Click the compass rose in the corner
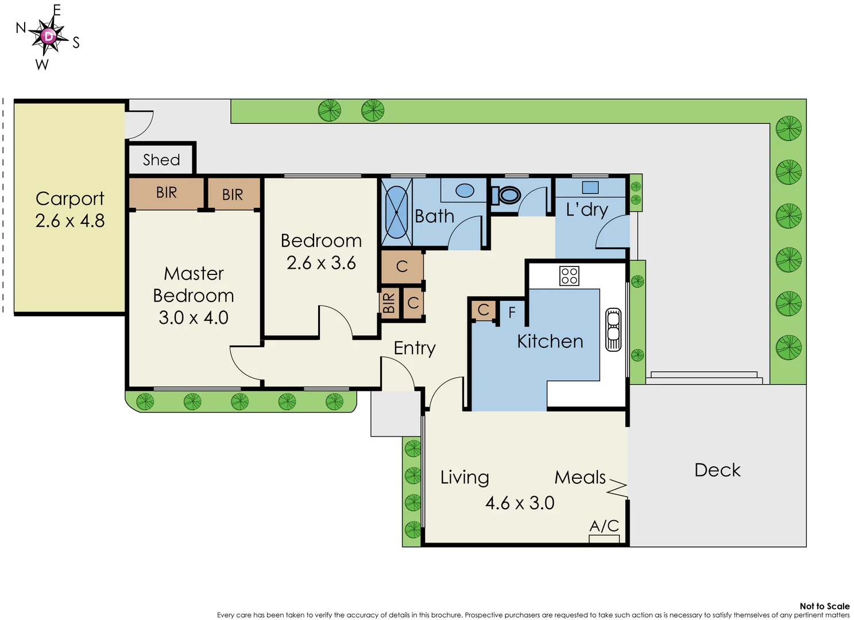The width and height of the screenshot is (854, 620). pos(49,37)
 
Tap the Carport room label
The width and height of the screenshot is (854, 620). pos(69,199)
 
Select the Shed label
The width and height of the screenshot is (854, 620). pos(161,160)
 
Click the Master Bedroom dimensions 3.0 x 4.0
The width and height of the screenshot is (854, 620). pos(194,317)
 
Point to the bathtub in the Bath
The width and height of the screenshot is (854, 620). pos(396,211)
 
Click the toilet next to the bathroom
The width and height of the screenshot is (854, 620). pos(508,195)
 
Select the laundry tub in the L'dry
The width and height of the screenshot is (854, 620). pos(590,187)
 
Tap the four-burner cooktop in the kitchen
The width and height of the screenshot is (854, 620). pos(569,276)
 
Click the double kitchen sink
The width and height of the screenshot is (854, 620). pos(613,330)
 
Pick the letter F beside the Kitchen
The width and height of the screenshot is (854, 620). pos(512,312)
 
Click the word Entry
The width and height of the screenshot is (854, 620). pos(415,348)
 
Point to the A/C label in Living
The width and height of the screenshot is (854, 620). pos(604,526)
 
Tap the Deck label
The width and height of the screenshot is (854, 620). pos(717,470)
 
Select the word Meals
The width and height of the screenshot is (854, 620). pos(580,477)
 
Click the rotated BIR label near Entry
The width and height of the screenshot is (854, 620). pos(389,303)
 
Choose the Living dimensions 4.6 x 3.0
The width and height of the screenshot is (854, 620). pos(520,503)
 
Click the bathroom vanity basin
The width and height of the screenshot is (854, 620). pos(465,191)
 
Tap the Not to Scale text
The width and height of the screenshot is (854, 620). pos(824,606)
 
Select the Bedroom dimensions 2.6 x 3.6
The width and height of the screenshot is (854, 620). pos(321,263)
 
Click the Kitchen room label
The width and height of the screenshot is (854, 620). pos(550,341)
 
